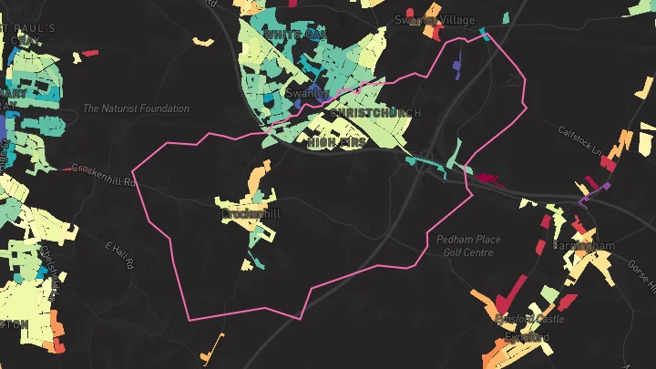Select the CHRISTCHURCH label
(x=374, y=113)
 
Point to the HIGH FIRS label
(x=336, y=143)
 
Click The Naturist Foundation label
(x=136, y=108)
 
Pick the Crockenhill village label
(x=251, y=213)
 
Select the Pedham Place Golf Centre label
(x=467, y=245)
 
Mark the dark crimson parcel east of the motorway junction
(x=488, y=179)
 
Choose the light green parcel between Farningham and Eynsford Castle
(x=548, y=294)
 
